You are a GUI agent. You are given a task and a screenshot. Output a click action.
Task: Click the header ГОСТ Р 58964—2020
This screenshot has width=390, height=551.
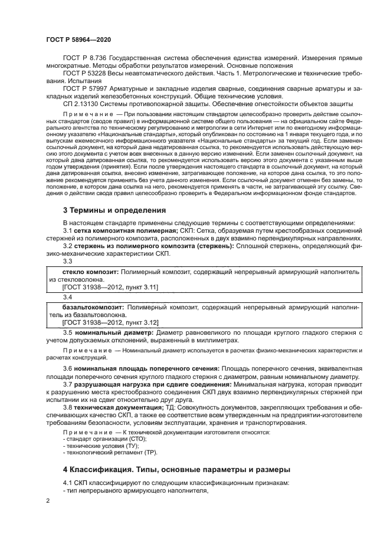tap(78, 39)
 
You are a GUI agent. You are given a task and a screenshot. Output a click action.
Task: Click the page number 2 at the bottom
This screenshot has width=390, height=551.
tap(48, 501)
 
